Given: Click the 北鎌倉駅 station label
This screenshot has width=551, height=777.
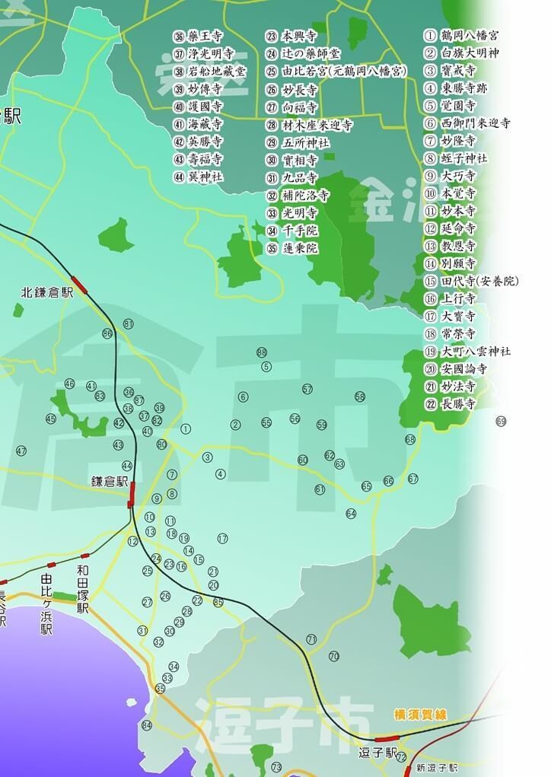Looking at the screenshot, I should pos(47,291).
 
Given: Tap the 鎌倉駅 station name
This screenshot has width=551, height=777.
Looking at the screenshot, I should pos(110,481).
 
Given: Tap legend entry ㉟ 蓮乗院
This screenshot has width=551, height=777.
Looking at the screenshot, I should pos(292,248).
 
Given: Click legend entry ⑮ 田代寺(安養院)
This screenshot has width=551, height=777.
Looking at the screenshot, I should pos(471,281).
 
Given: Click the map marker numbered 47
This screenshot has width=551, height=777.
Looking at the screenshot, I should pos(21,451).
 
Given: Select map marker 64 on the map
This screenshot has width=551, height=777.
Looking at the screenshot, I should pos(351,514).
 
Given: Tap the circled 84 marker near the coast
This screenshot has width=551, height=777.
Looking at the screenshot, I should pos(147,725).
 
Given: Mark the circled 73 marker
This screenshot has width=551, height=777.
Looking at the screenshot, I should pos(276,767).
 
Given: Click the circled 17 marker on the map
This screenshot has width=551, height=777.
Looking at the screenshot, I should pos(222,539).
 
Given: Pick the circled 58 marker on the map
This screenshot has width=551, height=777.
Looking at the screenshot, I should pos(360,396).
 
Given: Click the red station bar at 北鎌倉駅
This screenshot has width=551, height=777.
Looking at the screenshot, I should pos(79,287).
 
